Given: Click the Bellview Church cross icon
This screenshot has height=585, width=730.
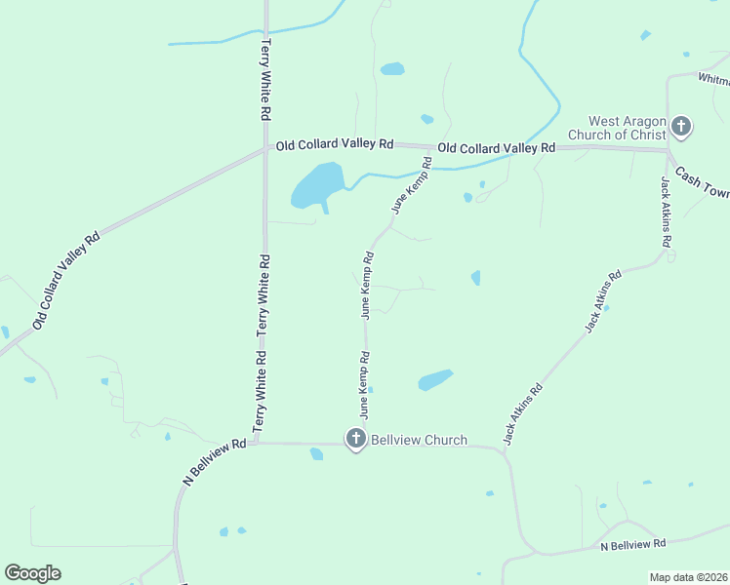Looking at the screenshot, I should (x=356, y=439).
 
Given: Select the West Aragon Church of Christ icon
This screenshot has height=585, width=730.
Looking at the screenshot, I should (x=681, y=127).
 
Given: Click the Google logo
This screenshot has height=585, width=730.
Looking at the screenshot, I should (x=32, y=572).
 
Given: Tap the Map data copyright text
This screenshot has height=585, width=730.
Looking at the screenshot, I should (x=688, y=577).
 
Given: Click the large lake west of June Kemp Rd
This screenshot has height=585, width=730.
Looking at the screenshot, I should (x=316, y=185).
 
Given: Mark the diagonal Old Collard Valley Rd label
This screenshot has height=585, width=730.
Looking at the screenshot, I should (x=65, y=280).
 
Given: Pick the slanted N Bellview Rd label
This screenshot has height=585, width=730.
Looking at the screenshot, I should (x=214, y=461).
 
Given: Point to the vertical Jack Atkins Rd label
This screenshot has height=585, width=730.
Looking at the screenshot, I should (x=666, y=213).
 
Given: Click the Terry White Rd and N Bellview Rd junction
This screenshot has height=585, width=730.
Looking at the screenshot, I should (x=264, y=443).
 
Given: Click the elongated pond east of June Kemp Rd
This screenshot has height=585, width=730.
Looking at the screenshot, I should (x=435, y=379).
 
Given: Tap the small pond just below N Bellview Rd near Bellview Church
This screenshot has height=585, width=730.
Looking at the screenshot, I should (x=316, y=453).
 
